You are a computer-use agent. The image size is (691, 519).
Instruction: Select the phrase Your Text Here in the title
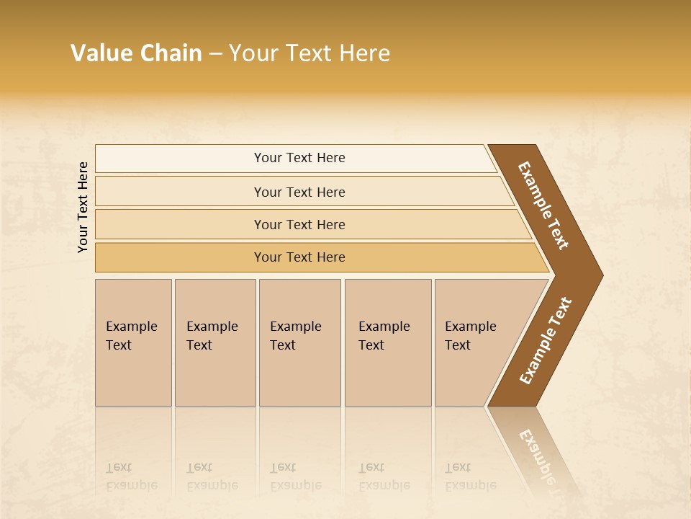[310, 53]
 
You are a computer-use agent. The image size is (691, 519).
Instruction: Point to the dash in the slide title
[215, 54]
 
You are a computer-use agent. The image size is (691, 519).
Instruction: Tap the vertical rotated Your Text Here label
[83, 207]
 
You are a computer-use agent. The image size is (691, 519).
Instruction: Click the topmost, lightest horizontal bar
[299, 158]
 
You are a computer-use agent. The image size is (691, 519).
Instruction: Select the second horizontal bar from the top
[299, 192]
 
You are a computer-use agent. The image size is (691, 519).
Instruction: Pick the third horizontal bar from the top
[299, 224]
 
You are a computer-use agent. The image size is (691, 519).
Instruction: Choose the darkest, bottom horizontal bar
[299, 257]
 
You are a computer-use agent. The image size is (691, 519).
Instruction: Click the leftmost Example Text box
[133, 342]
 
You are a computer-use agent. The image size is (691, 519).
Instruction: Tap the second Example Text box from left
[214, 342]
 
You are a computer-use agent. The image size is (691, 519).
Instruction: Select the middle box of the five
[299, 342]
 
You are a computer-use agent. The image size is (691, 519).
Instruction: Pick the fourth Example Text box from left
[388, 342]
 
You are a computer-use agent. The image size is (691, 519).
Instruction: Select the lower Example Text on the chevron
[546, 340]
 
